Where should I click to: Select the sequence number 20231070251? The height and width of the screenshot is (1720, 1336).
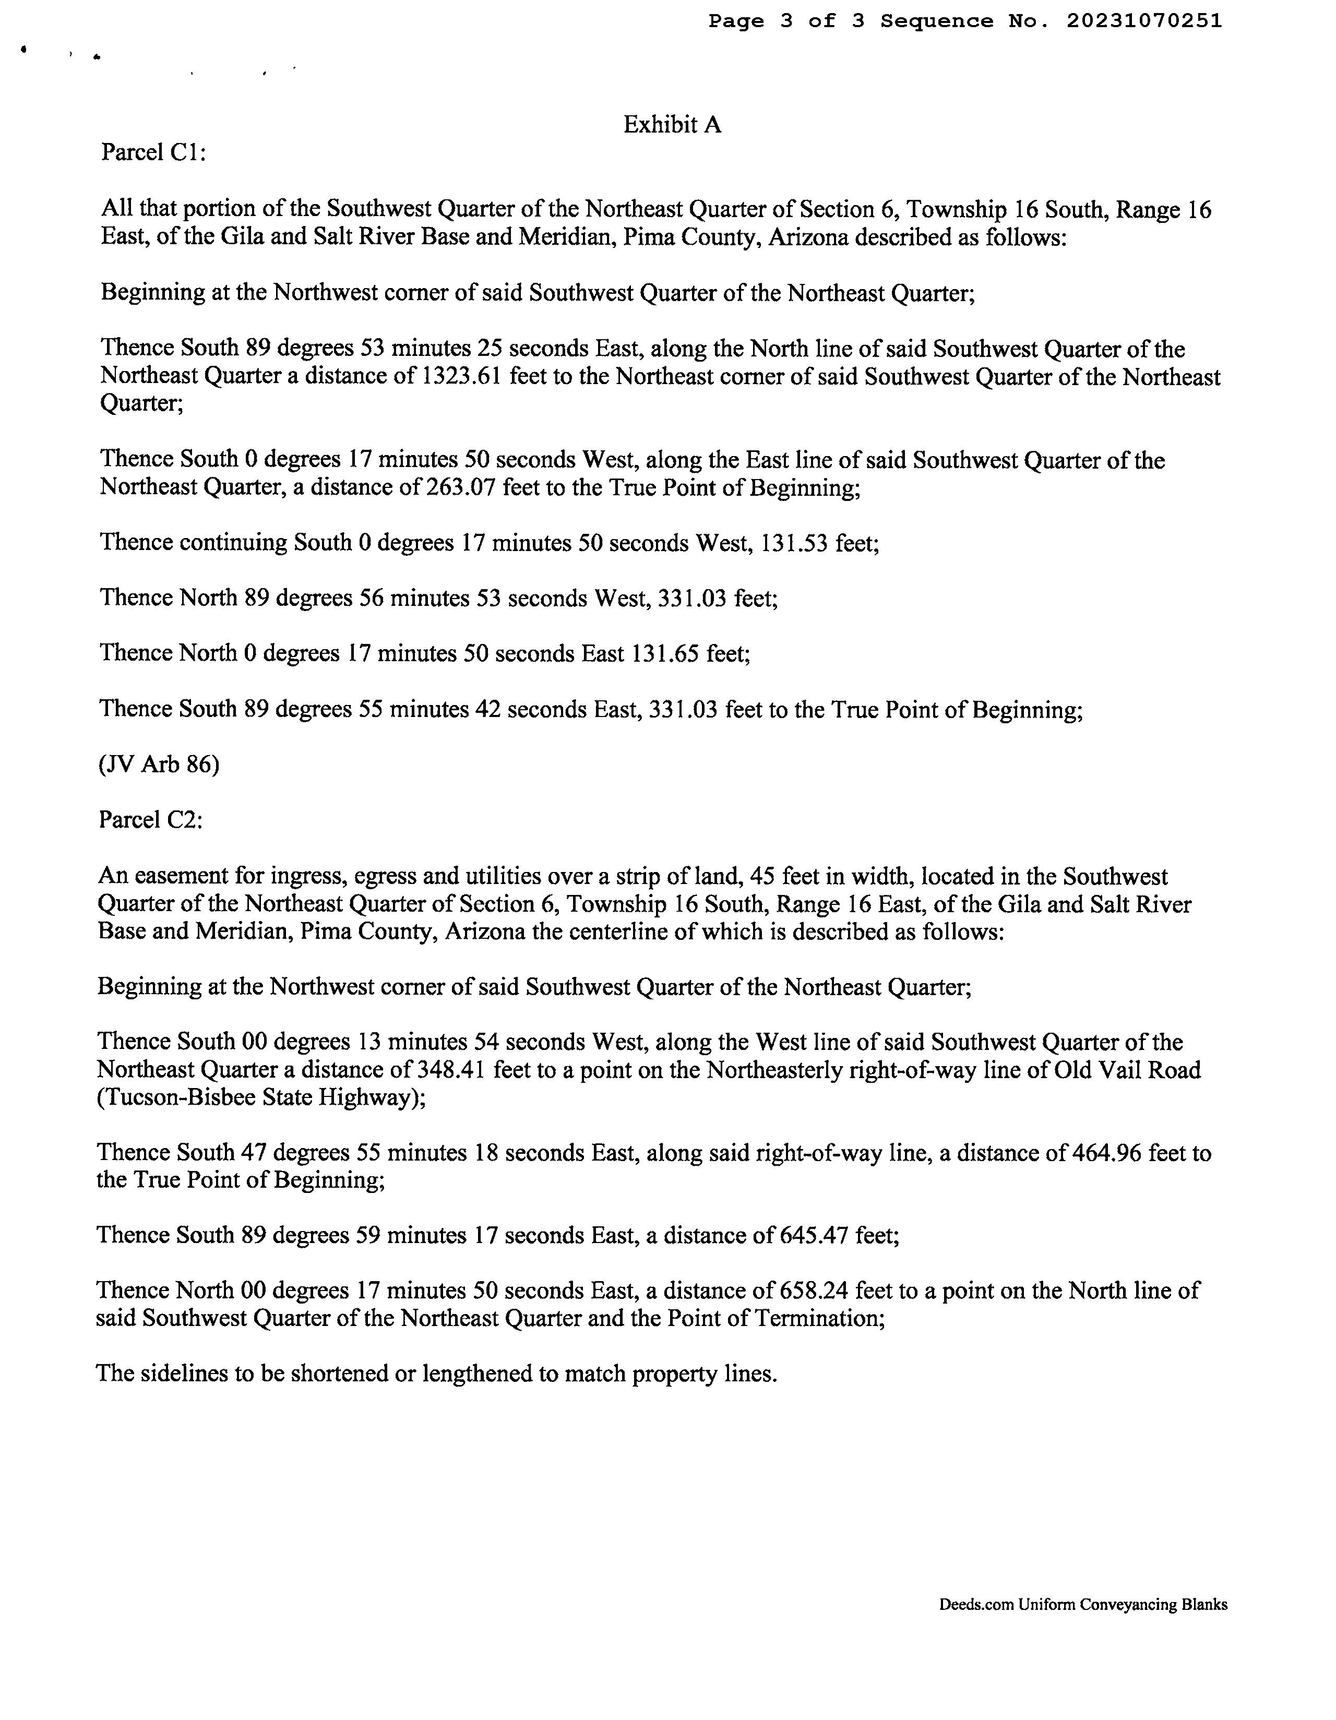1144,21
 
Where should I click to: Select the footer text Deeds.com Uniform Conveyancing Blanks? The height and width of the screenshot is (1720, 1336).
1083,1604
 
